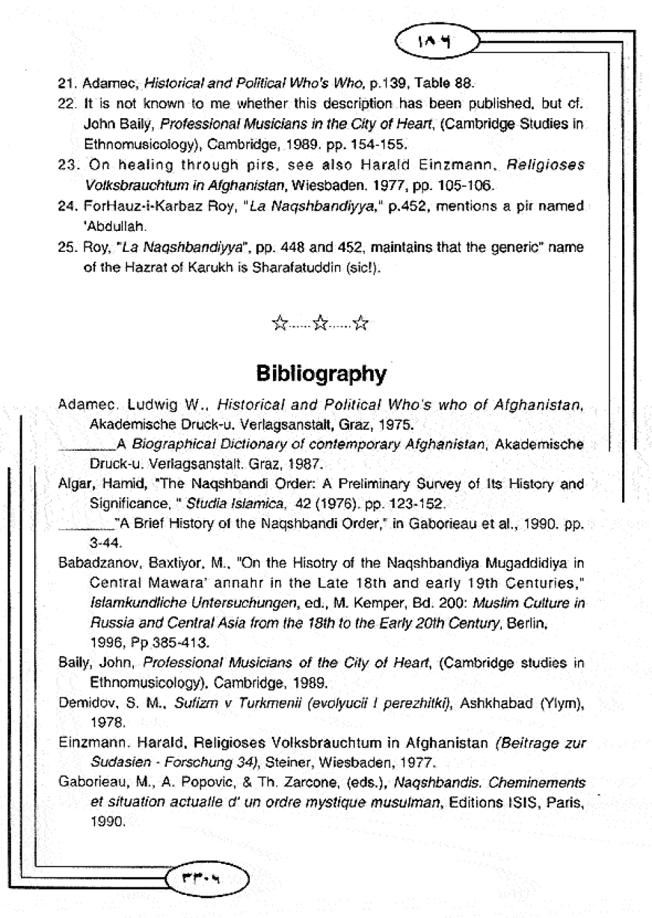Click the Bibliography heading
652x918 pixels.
click(321, 373)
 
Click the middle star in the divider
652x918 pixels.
click(321, 323)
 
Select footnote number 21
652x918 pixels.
click(66, 84)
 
